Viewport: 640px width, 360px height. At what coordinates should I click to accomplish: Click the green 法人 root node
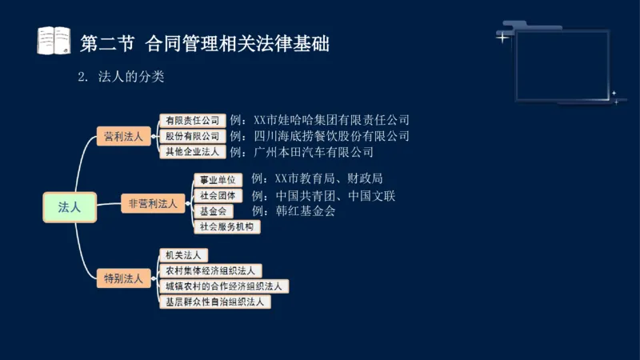tap(70, 206)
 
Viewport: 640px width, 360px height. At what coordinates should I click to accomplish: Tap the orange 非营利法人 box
tap(153, 203)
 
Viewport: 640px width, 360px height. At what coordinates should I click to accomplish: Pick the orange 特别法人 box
tap(123, 278)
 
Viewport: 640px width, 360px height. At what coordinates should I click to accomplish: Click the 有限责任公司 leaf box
tap(191, 121)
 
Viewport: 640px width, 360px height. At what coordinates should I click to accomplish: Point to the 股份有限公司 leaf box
tap(191, 136)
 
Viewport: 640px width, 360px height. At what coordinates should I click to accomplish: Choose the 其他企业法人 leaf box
tap(191, 151)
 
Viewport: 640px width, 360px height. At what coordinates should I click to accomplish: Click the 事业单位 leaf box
tap(218, 179)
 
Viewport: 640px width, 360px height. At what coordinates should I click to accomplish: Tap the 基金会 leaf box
tap(212, 211)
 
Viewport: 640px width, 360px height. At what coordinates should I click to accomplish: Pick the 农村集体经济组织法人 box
tap(210, 271)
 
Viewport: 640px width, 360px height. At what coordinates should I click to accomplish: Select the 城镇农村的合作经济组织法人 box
tap(223, 286)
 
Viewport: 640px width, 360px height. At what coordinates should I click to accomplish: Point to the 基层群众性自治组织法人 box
tap(214, 302)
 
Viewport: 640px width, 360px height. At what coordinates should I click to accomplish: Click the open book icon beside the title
tap(54, 41)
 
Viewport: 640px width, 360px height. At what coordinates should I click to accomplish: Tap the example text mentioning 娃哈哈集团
tap(319, 121)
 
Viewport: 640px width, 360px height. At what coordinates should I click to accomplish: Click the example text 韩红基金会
tap(293, 211)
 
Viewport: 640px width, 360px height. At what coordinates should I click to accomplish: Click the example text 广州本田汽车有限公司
tap(302, 151)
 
